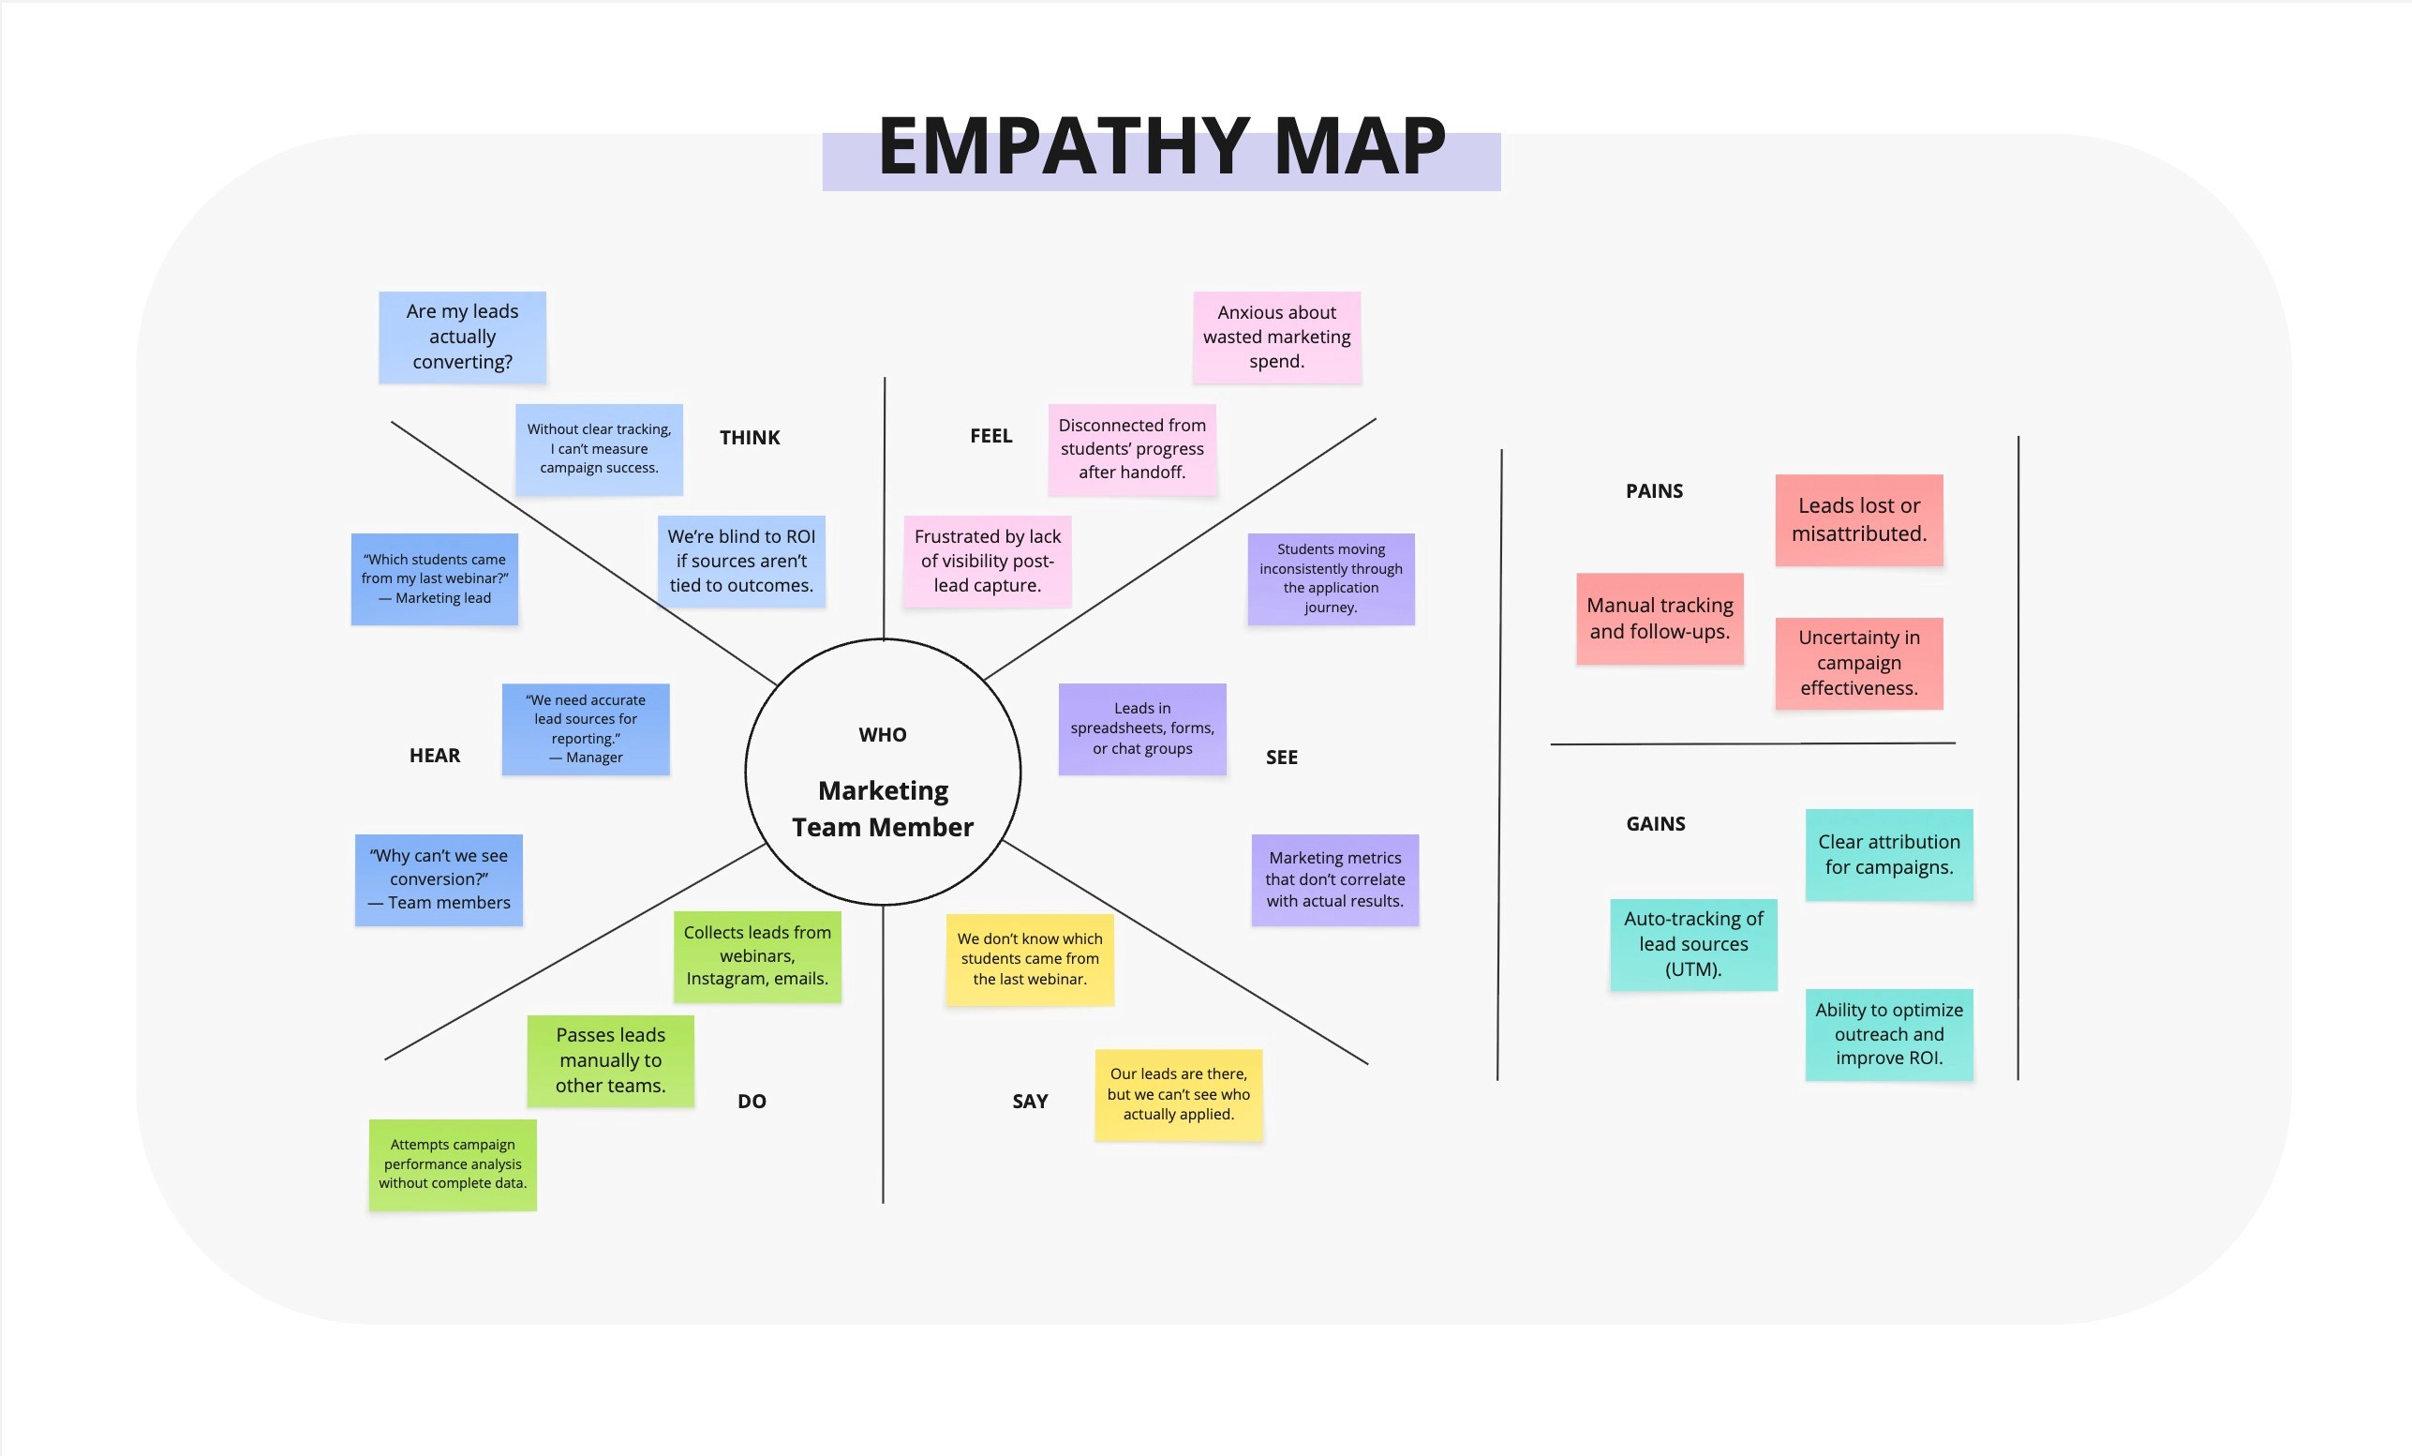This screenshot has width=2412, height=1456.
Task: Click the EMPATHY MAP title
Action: [x=1161, y=147]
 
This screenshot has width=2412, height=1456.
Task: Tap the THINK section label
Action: [x=750, y=438]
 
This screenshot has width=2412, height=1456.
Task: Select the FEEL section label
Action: [x=990, y=436]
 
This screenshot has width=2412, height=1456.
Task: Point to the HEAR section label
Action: [x=435, y=755]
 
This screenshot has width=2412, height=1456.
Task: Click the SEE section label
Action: [x=1281, y=757]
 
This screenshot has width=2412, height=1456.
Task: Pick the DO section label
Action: [x=752, y=1101]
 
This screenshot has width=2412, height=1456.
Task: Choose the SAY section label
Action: [x=1030, y=1101]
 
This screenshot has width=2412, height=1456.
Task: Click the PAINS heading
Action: [x=1654, y=490]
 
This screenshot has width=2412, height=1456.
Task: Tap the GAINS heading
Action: [x=1655, y=823]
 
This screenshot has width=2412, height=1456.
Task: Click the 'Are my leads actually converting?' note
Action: [x=462, y=337]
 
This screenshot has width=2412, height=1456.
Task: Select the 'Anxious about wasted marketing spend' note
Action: [x=1276, y=337]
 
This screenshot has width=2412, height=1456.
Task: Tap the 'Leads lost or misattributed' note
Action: [x=1859, y=520]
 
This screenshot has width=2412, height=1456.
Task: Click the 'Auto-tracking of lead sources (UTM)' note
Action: [x=1693, y=944]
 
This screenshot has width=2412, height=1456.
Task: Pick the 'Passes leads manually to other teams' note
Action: [x=611, y=1060]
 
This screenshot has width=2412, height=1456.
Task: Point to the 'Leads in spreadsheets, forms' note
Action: [x=1142, y=728]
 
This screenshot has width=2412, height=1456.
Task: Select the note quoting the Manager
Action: [x=586, y=728]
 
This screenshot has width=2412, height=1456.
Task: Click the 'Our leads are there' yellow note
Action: [x=1179, y=1094]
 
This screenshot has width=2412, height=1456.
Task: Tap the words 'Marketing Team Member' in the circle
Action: [x=883, y=809]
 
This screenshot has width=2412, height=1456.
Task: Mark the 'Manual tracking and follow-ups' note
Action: [x=1660, y=618]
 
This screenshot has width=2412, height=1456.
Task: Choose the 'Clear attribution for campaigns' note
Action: [x=1889, y=854]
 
